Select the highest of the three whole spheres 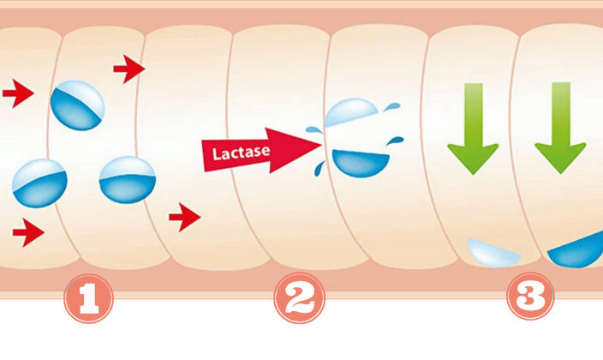tap(78, 105)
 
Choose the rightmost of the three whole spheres tap(128, 179)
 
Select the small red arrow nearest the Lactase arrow tap(183, 218)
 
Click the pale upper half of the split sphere tap(352, 115)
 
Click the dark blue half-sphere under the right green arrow tap(579, 251)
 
